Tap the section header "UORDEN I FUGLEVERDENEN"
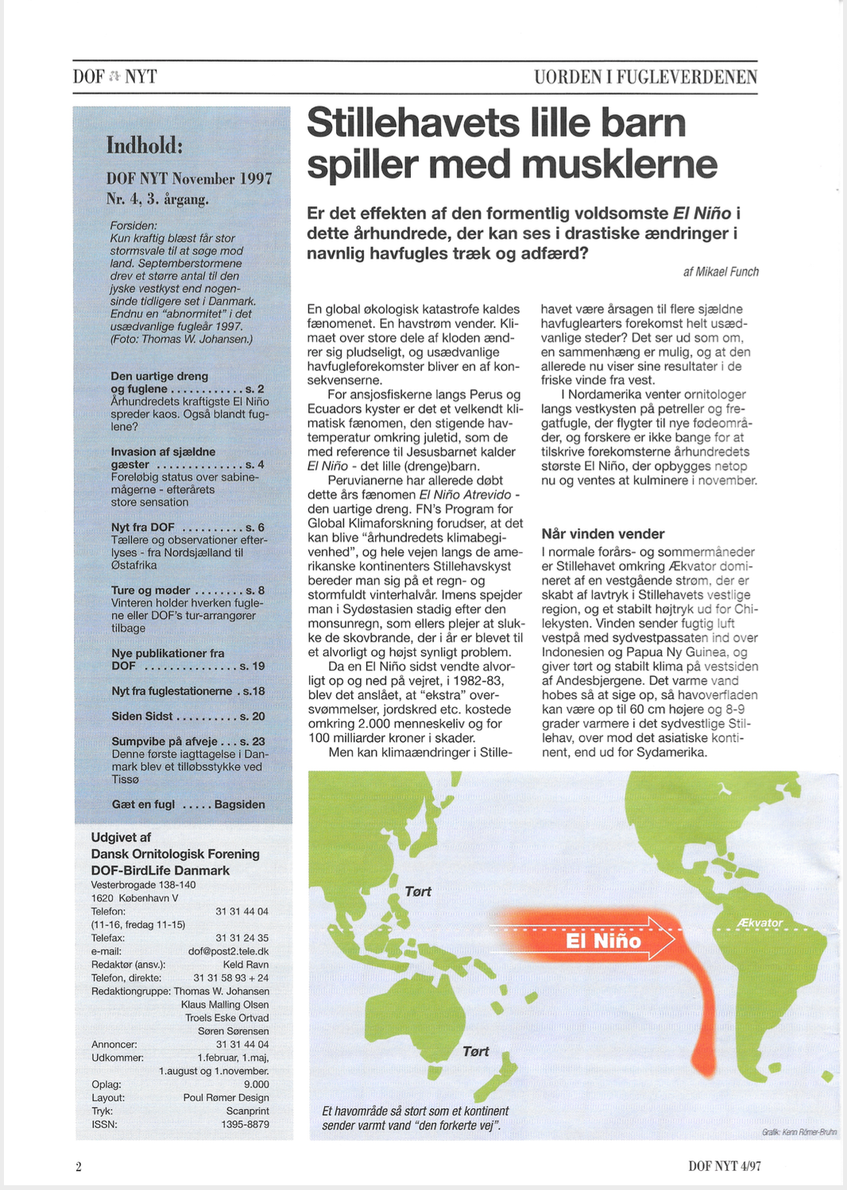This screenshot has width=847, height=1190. coord(645,77)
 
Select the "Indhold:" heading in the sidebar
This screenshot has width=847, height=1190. coord(145,145)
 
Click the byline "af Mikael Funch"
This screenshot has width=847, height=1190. coord(720,272)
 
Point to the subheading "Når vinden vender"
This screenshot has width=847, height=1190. coord(603,534)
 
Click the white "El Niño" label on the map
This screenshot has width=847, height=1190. coord(603,941)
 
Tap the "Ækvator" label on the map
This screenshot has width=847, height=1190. coord(760,922)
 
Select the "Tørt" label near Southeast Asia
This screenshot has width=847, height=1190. coord(418,891)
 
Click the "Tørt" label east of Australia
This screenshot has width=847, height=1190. coord(476,1051)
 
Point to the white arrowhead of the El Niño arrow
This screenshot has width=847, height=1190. coord(661,938)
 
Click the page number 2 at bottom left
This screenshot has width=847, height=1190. coord(79,1166)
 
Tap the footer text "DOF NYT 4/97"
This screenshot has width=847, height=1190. coord(724,1166)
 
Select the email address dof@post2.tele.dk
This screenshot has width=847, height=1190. coord(228,951)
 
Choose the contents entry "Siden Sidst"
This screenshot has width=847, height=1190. coord(142,716)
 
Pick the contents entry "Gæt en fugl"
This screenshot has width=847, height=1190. coord(143,804)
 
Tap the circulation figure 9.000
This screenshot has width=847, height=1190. coord(256,1084)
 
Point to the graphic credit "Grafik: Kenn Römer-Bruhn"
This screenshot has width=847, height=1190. coord(799,1131)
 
